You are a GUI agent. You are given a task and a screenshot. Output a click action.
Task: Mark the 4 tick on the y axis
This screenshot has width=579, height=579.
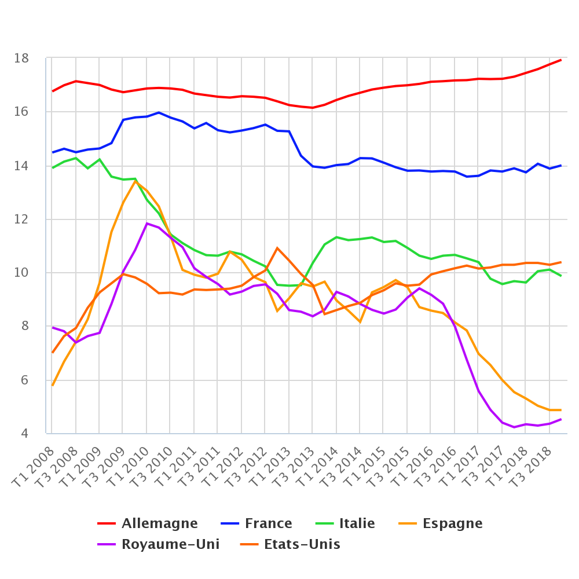pos(24,434)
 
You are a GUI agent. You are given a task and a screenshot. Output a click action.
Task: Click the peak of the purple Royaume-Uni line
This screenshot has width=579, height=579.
pos(147,223)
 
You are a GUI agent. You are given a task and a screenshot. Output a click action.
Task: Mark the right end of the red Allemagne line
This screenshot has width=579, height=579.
pos(560,60)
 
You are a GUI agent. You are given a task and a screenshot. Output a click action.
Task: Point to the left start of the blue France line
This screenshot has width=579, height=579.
pos(53,152)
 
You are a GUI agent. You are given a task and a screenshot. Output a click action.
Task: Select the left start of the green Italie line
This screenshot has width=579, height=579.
pos(53,168)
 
